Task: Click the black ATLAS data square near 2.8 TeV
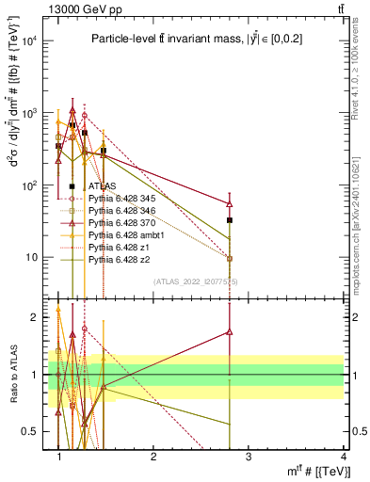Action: point(230,220)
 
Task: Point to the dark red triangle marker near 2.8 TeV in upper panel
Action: point(230,203)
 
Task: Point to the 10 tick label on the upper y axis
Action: point(33,257)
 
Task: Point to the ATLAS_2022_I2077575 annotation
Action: point(195,281)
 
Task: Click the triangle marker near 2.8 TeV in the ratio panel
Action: point(230,331)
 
